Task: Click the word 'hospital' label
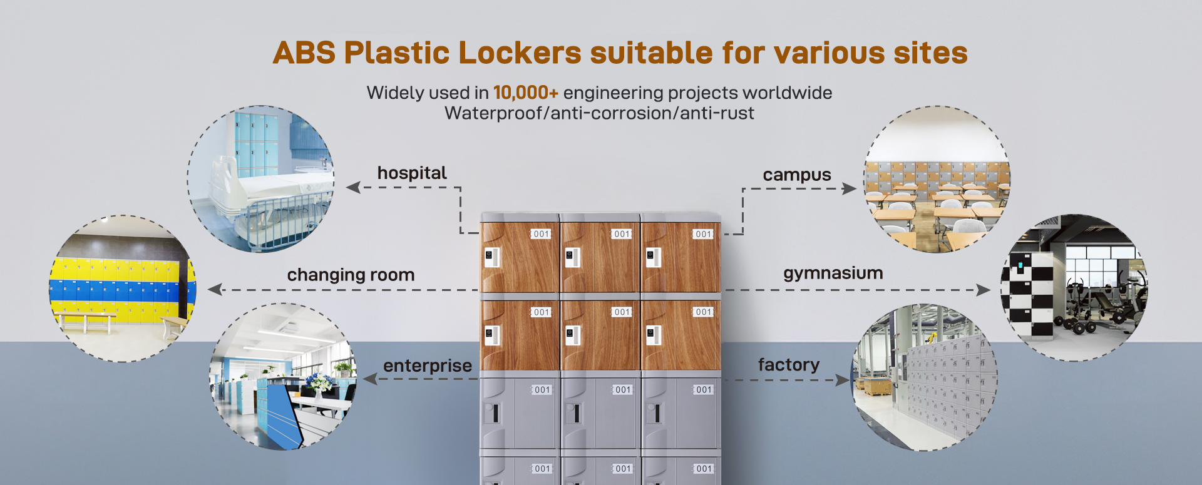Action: coord(412,173)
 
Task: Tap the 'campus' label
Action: coord(797,175)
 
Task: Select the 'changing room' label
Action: coord(351,275)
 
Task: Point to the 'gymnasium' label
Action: coord(833,273)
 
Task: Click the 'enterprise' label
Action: coord(428,365)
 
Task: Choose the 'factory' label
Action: coord(789,364)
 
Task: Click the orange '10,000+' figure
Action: coord(525,93)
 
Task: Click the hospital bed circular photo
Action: coord(260,179)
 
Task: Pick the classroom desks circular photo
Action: coord(937,179)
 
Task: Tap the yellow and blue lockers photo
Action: coord(123,288)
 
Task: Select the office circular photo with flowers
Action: coord(283,377)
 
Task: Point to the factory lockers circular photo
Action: coord(924,377)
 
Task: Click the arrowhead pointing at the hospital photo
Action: coord(353,187)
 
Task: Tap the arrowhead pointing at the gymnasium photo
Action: coord(984,290)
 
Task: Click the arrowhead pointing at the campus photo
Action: coord(850,188)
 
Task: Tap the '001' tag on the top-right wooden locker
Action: coord(703,234)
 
